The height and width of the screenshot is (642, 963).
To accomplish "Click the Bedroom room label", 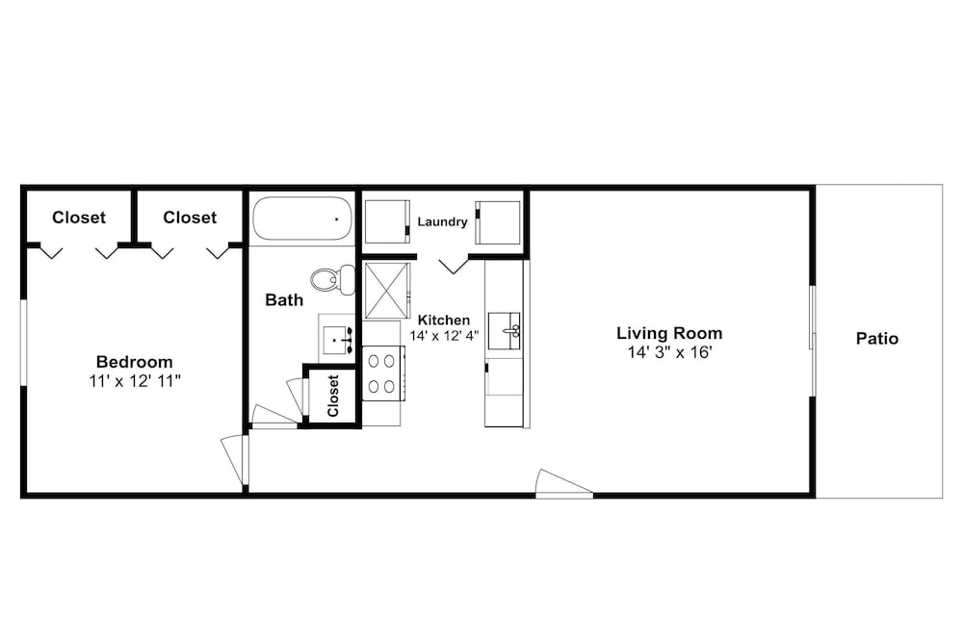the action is pos(135,362).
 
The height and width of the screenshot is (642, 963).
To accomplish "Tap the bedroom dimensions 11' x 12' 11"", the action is pos(135,381).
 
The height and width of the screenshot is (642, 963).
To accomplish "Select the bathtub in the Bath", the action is pos(302,218).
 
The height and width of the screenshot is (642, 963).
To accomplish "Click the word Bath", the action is pos(284,300).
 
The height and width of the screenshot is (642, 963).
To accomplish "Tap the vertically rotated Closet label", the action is pos(333,396).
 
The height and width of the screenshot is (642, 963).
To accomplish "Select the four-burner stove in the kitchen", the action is pos(382,373).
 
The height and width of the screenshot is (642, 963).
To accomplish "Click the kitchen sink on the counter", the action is pos(504,331).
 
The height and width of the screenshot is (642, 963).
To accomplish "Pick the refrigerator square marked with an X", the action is pos(386,291).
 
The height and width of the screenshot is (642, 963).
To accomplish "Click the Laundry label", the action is pos(442,221).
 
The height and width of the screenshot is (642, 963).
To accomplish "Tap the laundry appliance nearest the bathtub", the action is pos(387,221).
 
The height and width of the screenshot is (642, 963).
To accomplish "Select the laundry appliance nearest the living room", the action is pos(498,222).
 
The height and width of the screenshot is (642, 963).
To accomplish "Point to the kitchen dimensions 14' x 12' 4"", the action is pos(444,336).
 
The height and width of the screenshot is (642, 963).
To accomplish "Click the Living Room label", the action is pos(669,333).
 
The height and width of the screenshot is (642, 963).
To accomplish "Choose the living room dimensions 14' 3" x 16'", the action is pos(669,353).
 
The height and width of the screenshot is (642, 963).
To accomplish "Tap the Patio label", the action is pos(877,339).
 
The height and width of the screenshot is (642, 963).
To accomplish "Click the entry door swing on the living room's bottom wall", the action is pos(563,483).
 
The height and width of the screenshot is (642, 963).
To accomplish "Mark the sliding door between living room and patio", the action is pos(812,342).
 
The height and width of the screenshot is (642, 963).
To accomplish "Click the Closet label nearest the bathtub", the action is pos(190,218).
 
